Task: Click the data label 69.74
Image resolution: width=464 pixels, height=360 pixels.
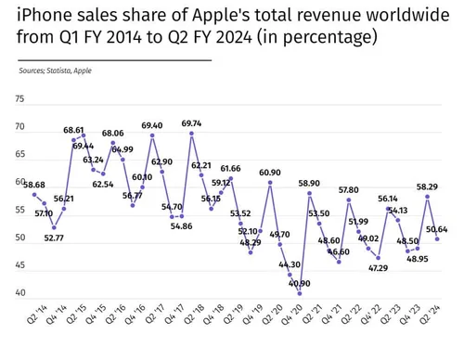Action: [191, 123]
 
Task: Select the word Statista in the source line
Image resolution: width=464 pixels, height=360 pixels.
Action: [62, 70]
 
